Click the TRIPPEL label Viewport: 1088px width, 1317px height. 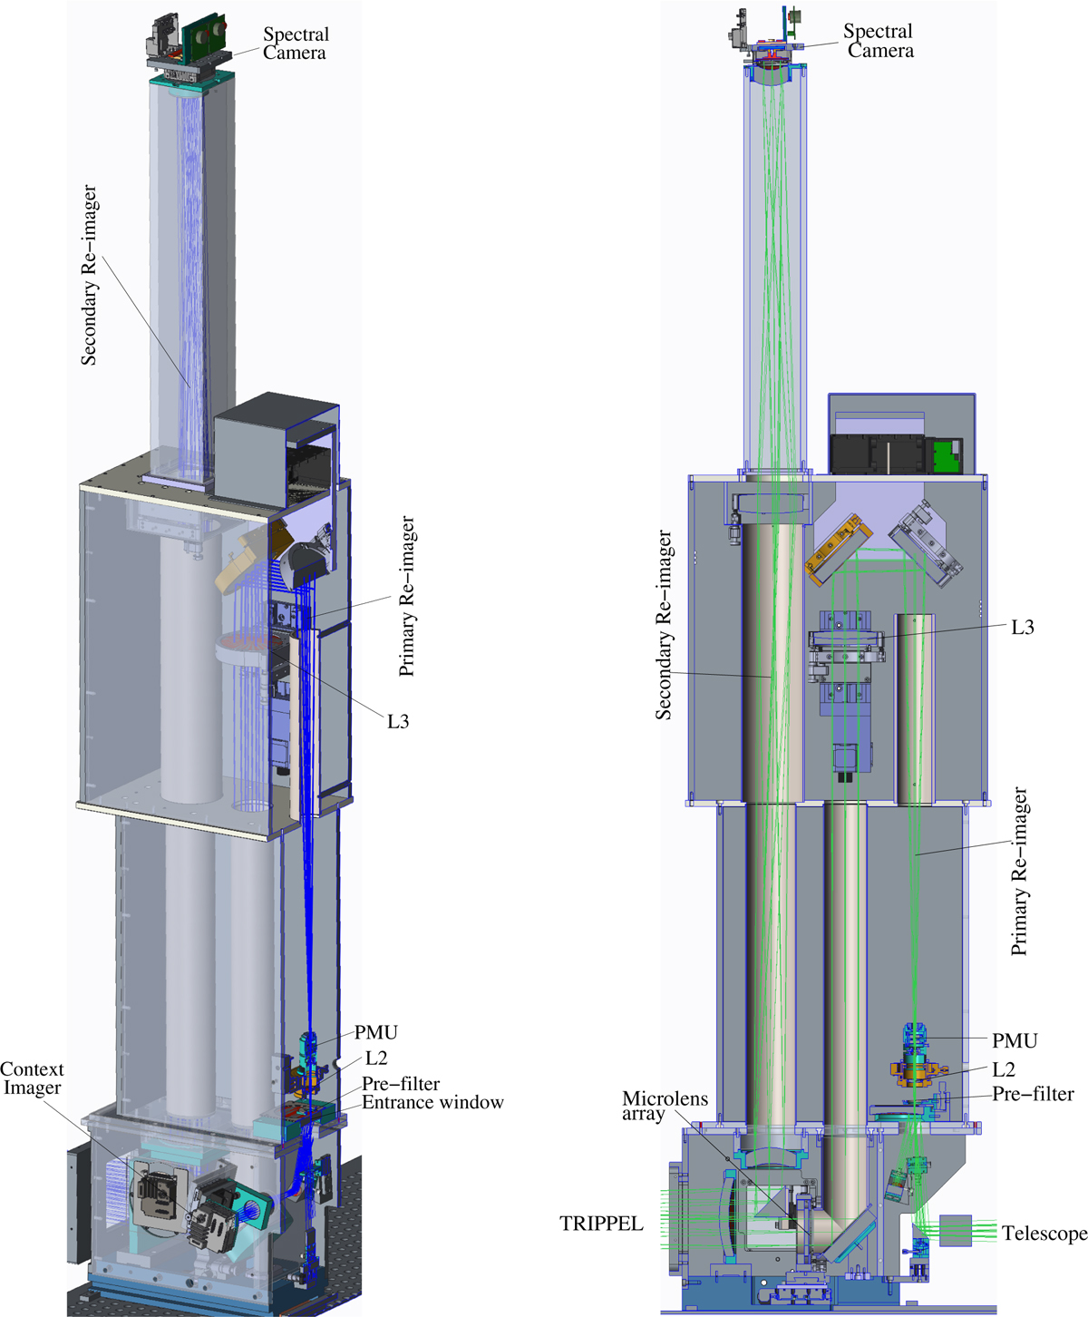pyautogui.click(x=601, y=1224)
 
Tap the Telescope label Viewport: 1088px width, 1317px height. pyautogui.click(x=1044, y=1233)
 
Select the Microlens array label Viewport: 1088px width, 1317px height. pyautogui.click(x=665, y=1106)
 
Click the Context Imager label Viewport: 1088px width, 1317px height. pyautogui.click(x=32, y=1078)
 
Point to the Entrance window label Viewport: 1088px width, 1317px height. pyautogui.click(x=432, y=1102)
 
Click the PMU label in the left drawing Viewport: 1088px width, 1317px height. pyautogui.click(x=376, y=1032)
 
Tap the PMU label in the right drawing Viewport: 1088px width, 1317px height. pyautogui.click(x=1015, y=1040)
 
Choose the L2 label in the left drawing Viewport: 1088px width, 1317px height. pyautogui.click(x=376, y=1058)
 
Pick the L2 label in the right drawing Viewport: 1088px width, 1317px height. pyautogui.click(x=1004, y=1069)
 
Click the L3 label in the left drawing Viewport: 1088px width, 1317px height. pyautogui.click(x=398, y=721)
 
